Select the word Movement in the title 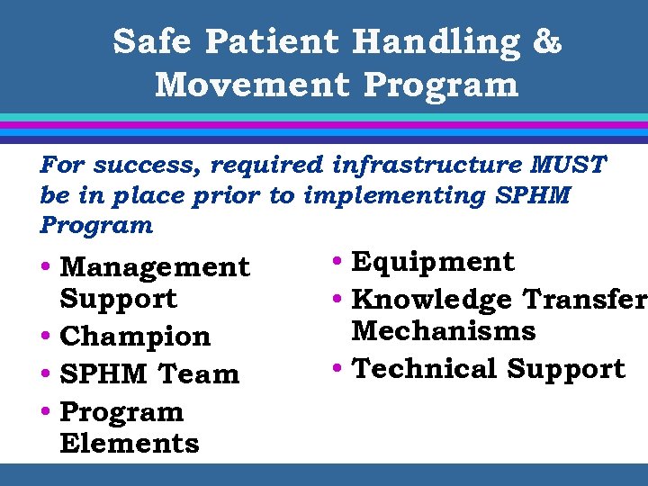[251, 85]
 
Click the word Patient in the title [273, 41]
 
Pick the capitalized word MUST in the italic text [569, 166]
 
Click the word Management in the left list [155, 267]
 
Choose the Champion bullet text [135, 337]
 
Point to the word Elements [130, 443]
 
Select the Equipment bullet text [433, 263]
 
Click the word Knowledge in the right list [433, 299]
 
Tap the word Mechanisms [444, 330]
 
